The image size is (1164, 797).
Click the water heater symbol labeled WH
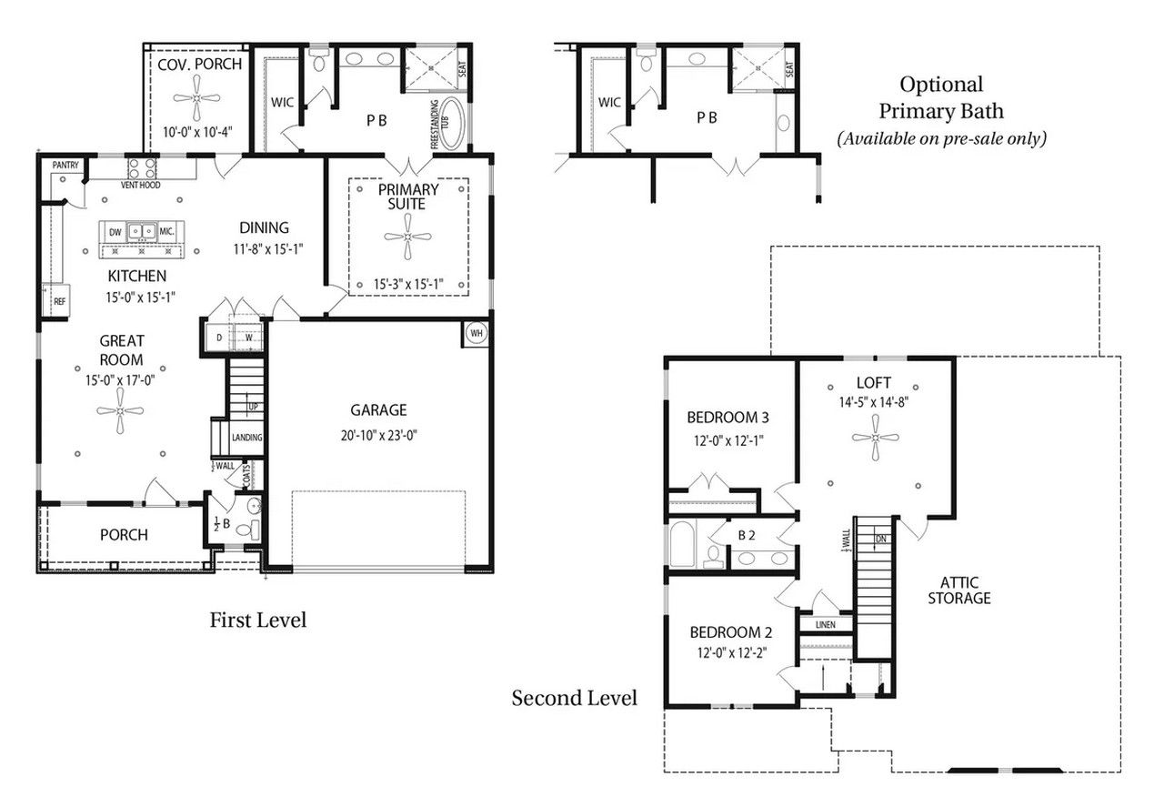point(477,333)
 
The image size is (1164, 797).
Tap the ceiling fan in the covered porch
point(196,97)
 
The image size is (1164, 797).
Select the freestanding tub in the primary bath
point(450,123)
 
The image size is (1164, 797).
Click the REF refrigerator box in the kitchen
point(56,300)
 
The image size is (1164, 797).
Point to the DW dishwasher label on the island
point(115,232)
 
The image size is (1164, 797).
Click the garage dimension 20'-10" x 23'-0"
point(379,435)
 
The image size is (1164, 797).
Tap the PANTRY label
point(65,165)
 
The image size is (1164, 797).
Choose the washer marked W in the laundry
point(249,338)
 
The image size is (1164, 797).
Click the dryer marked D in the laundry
point(219,338)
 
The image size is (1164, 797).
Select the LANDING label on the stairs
point(246,438)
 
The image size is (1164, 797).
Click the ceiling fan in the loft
point(875,438)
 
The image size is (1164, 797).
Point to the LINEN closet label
point(825,624)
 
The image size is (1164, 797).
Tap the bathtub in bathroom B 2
point(682,544)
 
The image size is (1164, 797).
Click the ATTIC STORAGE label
point(959,590)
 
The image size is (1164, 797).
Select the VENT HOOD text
point(140,185)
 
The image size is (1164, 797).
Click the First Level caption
point(257,620)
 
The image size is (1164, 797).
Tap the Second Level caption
point(574,698)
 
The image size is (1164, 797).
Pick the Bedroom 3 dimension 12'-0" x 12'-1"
point(728,440)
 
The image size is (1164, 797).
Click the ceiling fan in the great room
point(120,410)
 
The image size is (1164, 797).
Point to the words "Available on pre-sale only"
point(941,139)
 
